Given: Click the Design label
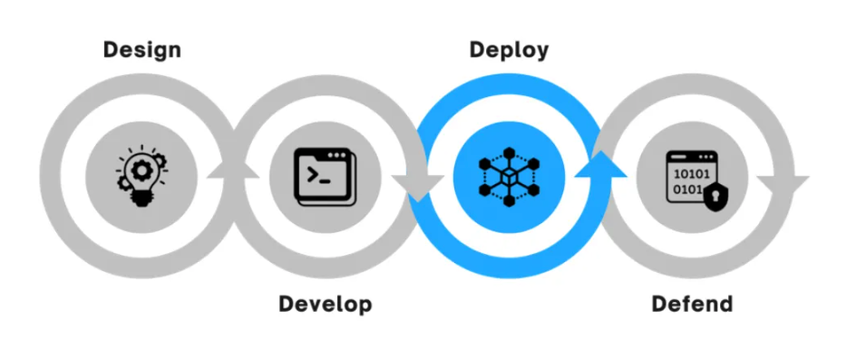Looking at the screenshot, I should coord(141,49).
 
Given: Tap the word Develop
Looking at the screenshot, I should coord(325,303).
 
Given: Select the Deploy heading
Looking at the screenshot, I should coord(509,49).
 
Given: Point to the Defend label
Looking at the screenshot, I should coord(692,303).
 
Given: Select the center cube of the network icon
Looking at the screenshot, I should coord(509,171).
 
